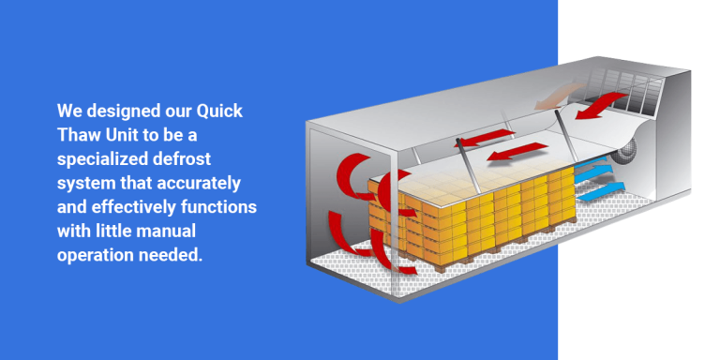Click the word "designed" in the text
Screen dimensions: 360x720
coord(117,111)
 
